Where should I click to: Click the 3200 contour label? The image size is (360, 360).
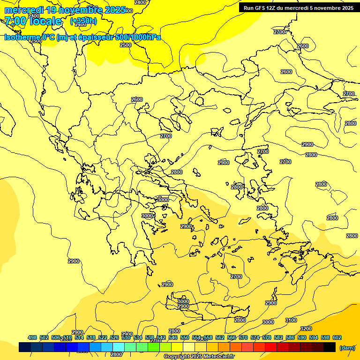(306, 329)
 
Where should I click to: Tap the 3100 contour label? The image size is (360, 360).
(291, 320)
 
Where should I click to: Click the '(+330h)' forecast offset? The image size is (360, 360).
(83, 21)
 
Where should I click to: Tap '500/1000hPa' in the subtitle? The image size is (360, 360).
(138, 37)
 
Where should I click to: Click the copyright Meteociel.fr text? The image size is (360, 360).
(199, 357)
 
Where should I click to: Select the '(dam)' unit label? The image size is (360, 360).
(346, 347)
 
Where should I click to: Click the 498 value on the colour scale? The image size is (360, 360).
(32, 337)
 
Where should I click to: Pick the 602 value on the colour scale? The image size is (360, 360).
(337, 337)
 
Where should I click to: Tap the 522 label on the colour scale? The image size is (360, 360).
(103, 337)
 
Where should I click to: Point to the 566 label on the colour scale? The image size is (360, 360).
(232, 337)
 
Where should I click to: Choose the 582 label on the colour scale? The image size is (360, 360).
(278, 337)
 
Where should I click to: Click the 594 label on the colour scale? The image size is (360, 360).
(314, 337)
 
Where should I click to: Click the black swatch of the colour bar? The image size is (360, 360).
(330, 347)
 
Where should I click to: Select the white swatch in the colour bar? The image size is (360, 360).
(189, 347)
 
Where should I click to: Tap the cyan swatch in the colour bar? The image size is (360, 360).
(119, 347)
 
